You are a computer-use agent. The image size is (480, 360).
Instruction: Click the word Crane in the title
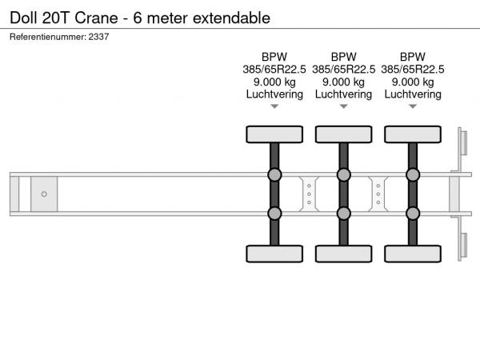tap(96, 18)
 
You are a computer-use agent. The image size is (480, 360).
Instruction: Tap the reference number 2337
tap(98, 37)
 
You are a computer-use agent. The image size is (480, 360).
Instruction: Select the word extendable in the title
tap(231, 18)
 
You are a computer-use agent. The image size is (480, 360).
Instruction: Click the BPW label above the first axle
tap(274, 57)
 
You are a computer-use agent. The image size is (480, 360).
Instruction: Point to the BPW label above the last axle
tap(413, 57)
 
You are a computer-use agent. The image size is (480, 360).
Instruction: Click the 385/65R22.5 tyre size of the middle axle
tap(343, 70)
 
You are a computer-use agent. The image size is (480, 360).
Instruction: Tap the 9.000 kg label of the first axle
tap(274, 82)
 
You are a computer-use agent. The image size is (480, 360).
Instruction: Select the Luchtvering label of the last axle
tap(413, 94)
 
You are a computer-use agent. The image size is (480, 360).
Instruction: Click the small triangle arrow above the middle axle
tap(343, 106)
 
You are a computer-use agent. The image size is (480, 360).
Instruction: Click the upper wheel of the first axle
tap(274, 134)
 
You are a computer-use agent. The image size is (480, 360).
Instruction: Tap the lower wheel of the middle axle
tap(343, 254)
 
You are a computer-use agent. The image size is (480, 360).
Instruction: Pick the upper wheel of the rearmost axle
tap(413, 134)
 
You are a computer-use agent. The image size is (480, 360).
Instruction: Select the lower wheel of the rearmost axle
tap(413, 254)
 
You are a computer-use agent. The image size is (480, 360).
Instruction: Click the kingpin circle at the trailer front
tap(44, 194)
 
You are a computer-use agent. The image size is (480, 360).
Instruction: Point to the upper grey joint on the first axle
tap(274, 174)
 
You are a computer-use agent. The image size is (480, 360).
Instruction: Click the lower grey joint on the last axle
tap(413, 214)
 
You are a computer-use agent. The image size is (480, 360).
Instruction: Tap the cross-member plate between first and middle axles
tap(309, 194)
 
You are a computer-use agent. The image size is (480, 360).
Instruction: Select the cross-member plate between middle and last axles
tap(378, 194)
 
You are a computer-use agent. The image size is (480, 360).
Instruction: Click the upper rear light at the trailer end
tap(463, 142)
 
